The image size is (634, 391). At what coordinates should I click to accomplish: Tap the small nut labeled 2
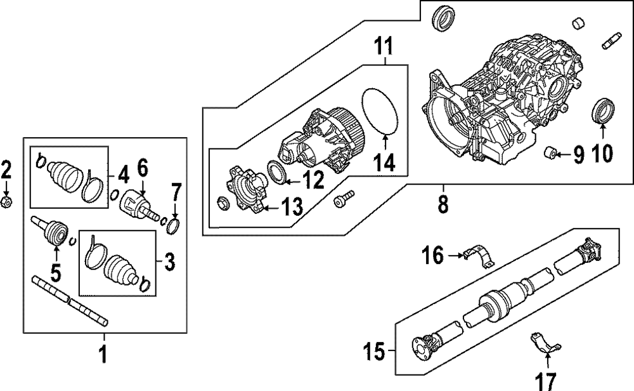[6, 202]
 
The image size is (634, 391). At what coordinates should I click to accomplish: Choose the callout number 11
[384, 46]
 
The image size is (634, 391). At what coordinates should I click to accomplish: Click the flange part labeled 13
[247, 190]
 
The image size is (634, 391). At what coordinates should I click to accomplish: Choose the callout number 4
[122, 172]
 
